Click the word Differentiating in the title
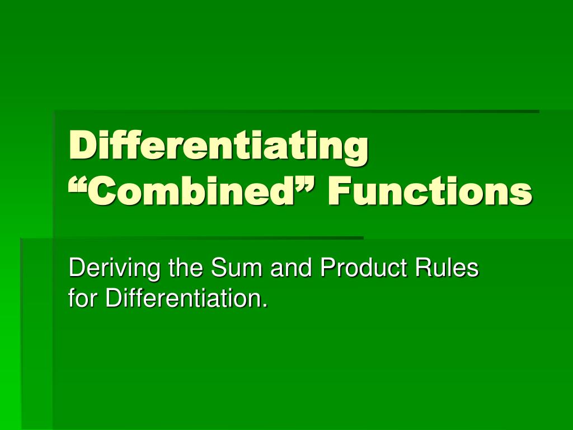click(219, 147)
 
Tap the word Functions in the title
click(430, 191)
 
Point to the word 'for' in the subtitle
click(83, 298)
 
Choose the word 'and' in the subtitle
click(291, 267)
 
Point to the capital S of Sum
click(219, 267)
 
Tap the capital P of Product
click(328, 267)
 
